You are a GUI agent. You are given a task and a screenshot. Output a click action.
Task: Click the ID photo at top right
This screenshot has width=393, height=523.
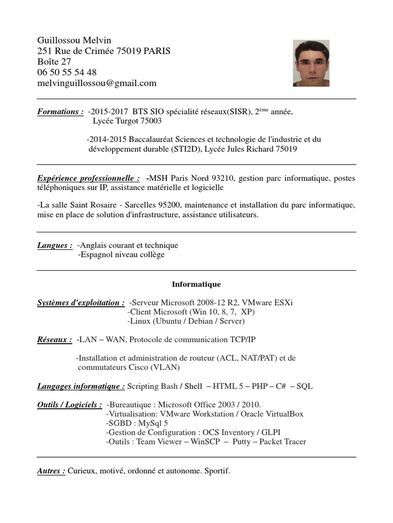[x=312, y=63]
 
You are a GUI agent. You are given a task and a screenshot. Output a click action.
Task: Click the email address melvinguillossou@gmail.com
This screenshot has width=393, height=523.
[x=97, y=83]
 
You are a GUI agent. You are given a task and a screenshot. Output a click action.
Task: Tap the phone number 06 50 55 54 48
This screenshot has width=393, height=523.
[x=67, y=73]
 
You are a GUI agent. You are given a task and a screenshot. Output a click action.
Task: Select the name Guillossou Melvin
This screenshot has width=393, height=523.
[x=74, y=40]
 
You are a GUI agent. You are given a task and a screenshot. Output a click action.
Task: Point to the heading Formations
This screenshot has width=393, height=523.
[x=60, y=112]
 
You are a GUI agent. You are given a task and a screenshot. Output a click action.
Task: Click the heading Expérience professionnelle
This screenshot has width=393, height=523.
[x=88, y=178]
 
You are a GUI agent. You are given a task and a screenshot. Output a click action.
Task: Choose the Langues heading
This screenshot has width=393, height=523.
[x=54, y=246]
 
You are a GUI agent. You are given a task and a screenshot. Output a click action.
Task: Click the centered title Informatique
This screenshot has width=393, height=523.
[x=196, y=284]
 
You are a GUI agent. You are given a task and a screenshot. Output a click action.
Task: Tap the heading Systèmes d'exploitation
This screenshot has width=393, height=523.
[x=81, y=303]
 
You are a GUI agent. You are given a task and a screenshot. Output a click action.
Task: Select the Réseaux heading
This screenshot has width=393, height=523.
[x=54, y=340]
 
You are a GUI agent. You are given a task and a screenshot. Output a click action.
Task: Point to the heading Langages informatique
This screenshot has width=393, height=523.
[x=81, y=386]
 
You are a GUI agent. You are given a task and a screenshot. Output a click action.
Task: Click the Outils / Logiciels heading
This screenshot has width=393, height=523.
[x=70, y=405]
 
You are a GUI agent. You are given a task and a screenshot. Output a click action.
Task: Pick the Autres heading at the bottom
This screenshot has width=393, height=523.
[x=51, y=471]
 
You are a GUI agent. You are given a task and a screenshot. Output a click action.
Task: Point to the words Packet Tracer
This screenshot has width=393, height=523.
[x=282, y=442]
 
